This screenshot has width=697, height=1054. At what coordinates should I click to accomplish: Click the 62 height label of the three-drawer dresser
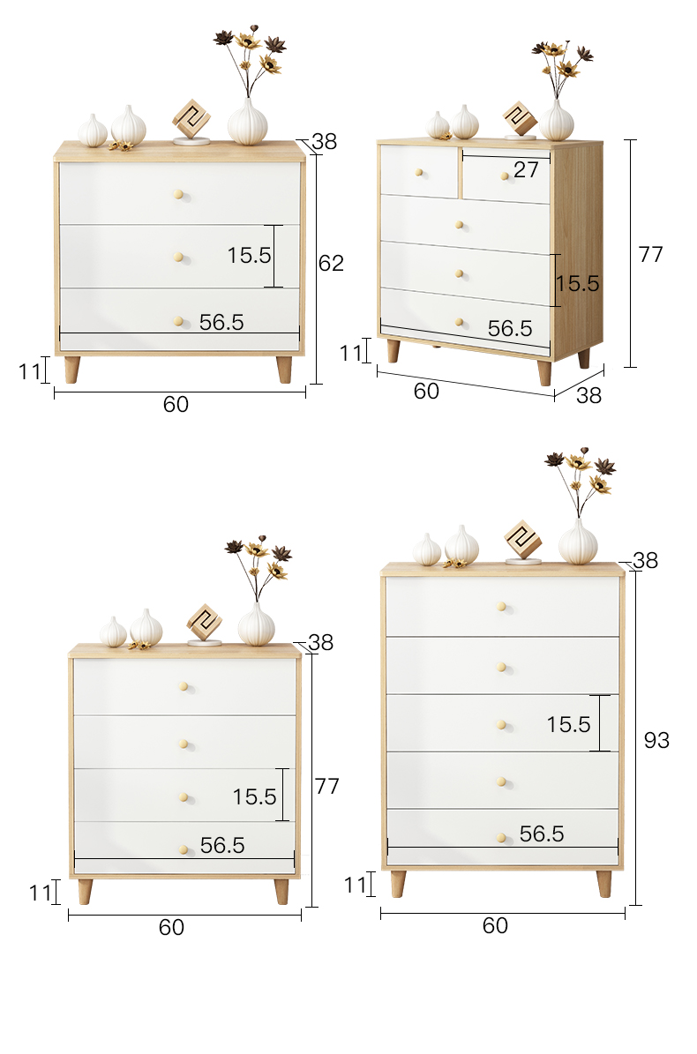tap(331, 263)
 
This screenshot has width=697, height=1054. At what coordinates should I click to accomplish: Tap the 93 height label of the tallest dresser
tap(656, 740)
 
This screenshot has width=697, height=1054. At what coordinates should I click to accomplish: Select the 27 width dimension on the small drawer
tap(526, 170)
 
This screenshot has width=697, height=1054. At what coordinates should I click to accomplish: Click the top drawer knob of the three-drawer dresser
tap(179, 195)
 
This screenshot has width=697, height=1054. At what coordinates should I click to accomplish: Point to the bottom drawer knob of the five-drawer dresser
tap(501, 838)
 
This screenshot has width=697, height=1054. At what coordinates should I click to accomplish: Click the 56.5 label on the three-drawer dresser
tap(221, 322)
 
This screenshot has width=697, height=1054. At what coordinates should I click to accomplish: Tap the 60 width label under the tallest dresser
tap(495, 925)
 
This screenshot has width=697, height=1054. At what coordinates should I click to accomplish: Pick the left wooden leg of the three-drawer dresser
tap(72, 370)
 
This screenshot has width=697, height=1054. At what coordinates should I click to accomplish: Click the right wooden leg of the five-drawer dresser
tap(604, 884)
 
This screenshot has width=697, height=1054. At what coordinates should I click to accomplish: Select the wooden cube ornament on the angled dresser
tap(521, 120)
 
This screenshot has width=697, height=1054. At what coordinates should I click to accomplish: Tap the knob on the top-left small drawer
tap(419, 173)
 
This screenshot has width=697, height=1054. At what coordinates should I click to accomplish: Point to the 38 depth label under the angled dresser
tap(588, 395)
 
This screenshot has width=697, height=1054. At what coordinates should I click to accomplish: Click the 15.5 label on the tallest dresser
tap(568, 725)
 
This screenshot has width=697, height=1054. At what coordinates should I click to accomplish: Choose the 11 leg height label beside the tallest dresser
tap(356, 886)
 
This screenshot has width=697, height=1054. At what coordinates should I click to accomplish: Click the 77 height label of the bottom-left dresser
tap(326, 786)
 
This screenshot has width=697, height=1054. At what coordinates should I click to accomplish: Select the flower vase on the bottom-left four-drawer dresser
tap(258, 591)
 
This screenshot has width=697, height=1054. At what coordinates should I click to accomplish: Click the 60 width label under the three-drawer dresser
tap(176, 404)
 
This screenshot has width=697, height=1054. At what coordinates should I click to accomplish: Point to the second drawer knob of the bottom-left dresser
tap(184, 744)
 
